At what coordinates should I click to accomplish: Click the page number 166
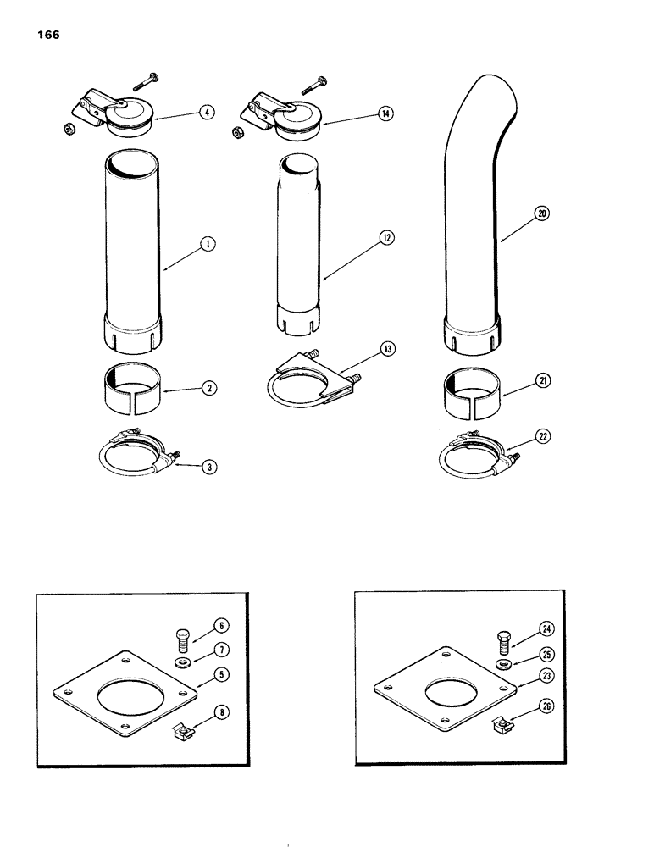click(x=48, y=36)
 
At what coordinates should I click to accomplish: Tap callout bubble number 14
click(x=386, y=112)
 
